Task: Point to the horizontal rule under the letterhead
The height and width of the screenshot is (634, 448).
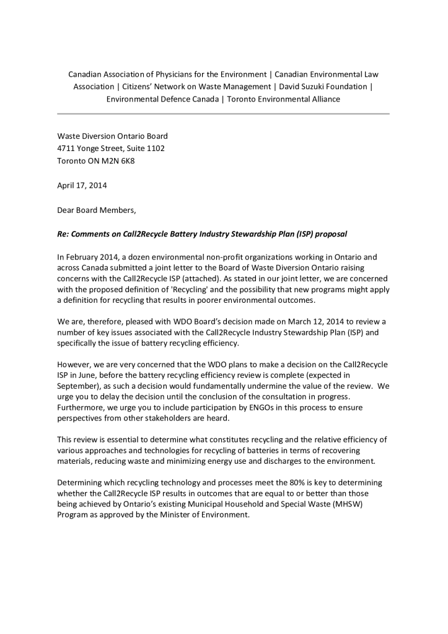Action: [223, 114]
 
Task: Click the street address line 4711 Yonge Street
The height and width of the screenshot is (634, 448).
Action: [111, 149]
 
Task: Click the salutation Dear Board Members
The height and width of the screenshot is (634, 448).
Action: [96, 210]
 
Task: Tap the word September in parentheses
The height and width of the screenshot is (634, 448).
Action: [79, 387]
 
